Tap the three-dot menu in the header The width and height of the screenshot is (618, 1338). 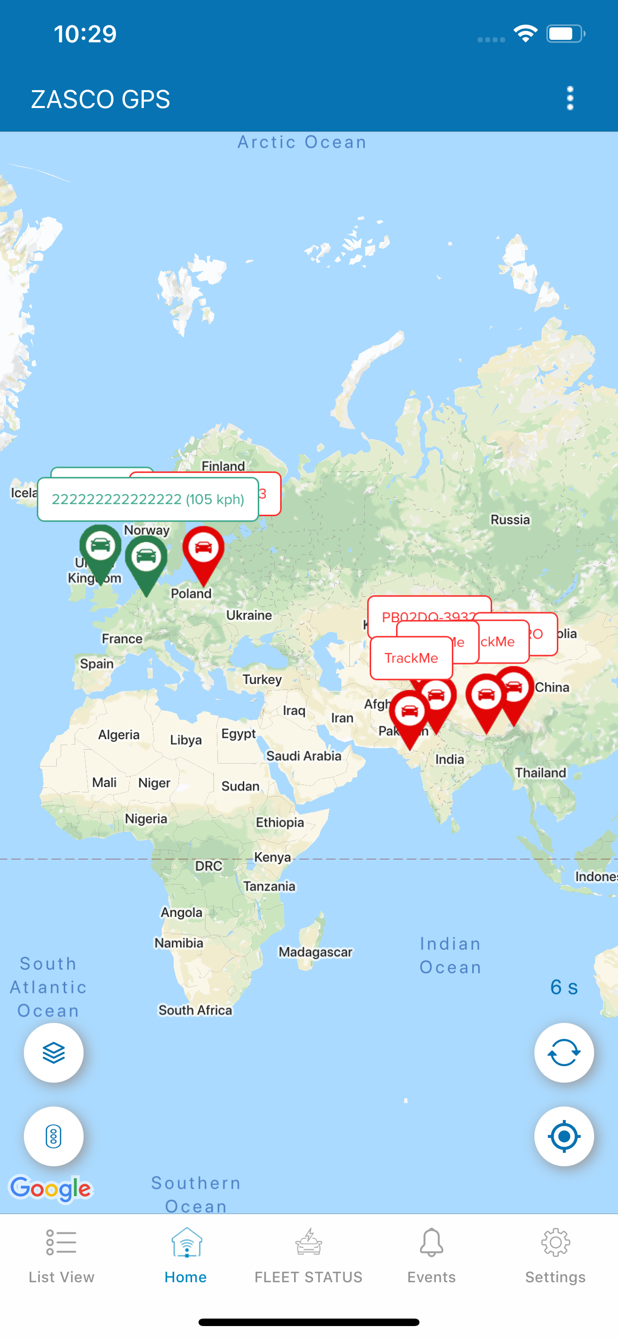click(x=570, y=98)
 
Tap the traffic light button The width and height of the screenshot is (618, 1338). click(x=54, y=1136)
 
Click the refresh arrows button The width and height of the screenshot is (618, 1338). click(x=563, y=1053)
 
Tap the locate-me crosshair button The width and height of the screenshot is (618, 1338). click(x=563, y=1136)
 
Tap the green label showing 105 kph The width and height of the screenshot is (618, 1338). click(x=148, y=499)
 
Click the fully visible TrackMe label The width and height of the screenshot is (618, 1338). click(x=411, y=658)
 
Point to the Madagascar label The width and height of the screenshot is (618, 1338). click(x=315, y=952)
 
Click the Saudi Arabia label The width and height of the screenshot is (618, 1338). click(x=304, y=756)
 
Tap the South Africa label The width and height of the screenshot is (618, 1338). click(x=195, y=1010)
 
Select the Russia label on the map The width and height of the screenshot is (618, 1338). click(x=510, y=519)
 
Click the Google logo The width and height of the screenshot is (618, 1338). click(x=51, y=1188)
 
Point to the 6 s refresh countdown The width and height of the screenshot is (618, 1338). click(x=564, y=988)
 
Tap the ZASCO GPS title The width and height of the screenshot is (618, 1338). click(x=101, y=99)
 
